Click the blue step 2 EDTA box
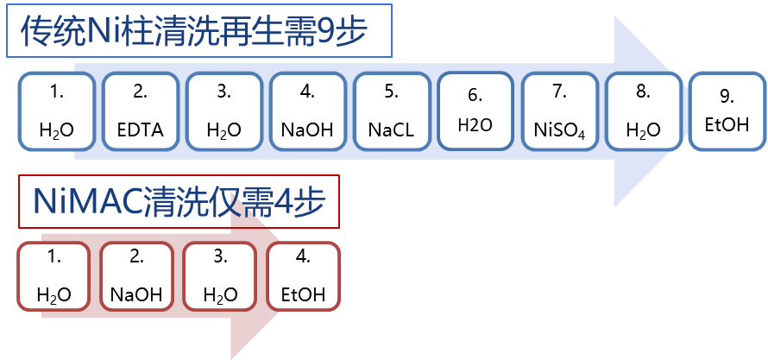141,111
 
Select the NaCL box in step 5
391,111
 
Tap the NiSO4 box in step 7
559,111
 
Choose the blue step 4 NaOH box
307,111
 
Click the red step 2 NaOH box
136,275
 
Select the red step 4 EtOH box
303,275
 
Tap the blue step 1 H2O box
57,111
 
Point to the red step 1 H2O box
54,275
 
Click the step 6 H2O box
475,110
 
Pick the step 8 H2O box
643,111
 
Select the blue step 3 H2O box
223,111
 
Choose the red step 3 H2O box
220,275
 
